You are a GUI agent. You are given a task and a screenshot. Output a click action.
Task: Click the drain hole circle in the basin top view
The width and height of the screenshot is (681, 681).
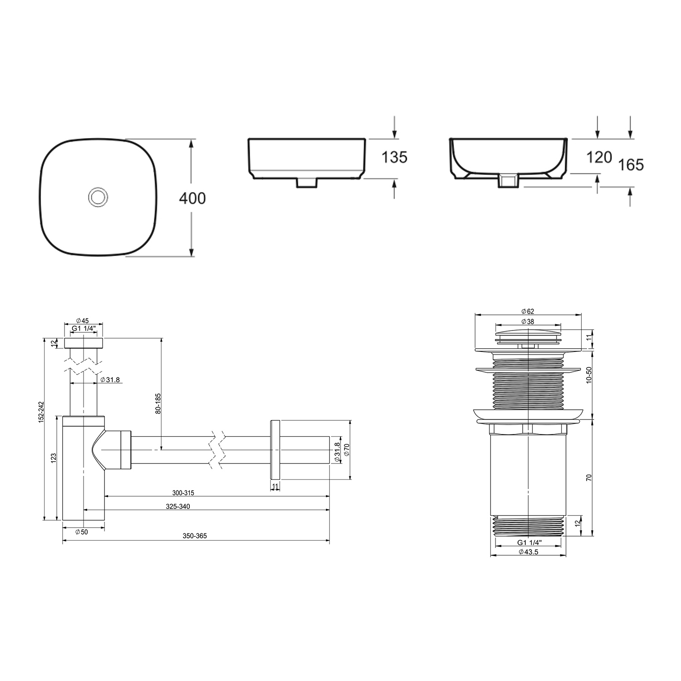tap(97, 197)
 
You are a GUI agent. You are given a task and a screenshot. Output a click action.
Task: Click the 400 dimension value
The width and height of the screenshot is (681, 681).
tap(192, 198)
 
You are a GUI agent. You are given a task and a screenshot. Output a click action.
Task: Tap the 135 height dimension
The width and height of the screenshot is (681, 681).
tap(394, 158)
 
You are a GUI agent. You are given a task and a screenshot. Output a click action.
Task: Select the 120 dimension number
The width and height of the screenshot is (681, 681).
tap(599, 158)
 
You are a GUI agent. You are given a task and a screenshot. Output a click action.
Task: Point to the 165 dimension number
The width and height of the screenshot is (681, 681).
tap(631, 165)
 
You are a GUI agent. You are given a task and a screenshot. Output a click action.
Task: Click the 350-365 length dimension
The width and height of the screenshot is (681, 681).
tap(195, 536)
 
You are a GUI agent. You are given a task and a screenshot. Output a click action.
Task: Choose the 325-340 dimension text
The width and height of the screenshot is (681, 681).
tap(178, 507)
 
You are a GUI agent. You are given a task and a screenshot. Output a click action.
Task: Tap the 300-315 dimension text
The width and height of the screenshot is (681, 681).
tap(183, 493)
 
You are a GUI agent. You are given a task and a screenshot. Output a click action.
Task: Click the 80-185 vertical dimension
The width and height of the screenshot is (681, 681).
tap(158, 403)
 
